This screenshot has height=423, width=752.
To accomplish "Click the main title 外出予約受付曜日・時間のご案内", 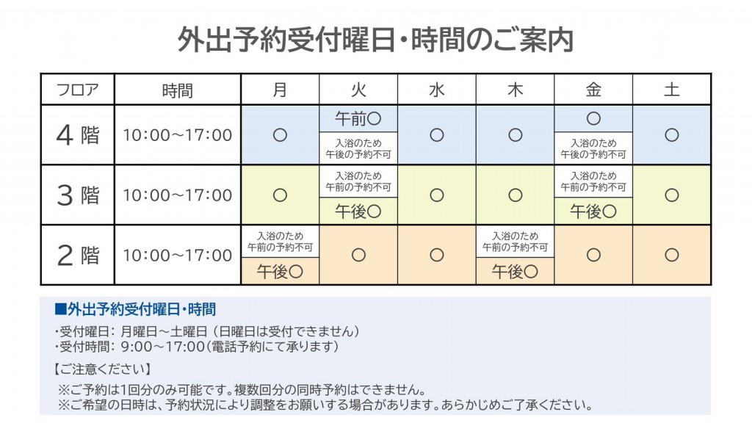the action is click(x=375, y=40).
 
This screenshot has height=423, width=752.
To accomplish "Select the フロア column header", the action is click(x=77, y=90).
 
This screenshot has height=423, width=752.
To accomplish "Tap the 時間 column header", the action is click(x=178, y=90).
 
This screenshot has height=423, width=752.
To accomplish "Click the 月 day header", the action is click(x=280, y=90).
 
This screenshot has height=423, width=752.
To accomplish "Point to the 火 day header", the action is click(x=358, y=90).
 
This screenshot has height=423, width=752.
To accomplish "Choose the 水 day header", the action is click(x=436, y=90).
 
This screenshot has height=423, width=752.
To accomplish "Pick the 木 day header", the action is click(x=515, y=90).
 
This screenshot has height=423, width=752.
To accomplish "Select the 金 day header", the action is click(x=593, y=90).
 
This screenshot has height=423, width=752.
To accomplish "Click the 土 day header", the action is click(x=671, y=90).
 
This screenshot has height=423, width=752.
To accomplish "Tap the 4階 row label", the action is click(x=77, y=135).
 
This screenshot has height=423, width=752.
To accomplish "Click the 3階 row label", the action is click(x=77, y=195).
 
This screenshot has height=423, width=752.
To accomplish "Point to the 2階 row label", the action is click(x=77, y=255).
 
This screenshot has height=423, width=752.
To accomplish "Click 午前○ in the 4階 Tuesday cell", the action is click(x=358, y=118).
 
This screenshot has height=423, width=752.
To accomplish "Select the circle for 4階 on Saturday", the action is click(x=671, y=135).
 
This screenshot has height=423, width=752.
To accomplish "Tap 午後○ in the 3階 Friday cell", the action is click(x=593, y=211).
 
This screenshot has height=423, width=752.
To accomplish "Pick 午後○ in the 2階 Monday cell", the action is click(x=280, y=272).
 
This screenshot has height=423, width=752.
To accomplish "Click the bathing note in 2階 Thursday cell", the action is click(x=515, y=242).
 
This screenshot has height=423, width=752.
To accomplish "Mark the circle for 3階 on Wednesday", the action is click(x=436, y=195).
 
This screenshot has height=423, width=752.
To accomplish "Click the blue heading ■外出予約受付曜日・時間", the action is click(x=135, y=309).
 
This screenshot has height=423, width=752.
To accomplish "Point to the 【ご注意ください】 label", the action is click(x=102, y=369).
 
